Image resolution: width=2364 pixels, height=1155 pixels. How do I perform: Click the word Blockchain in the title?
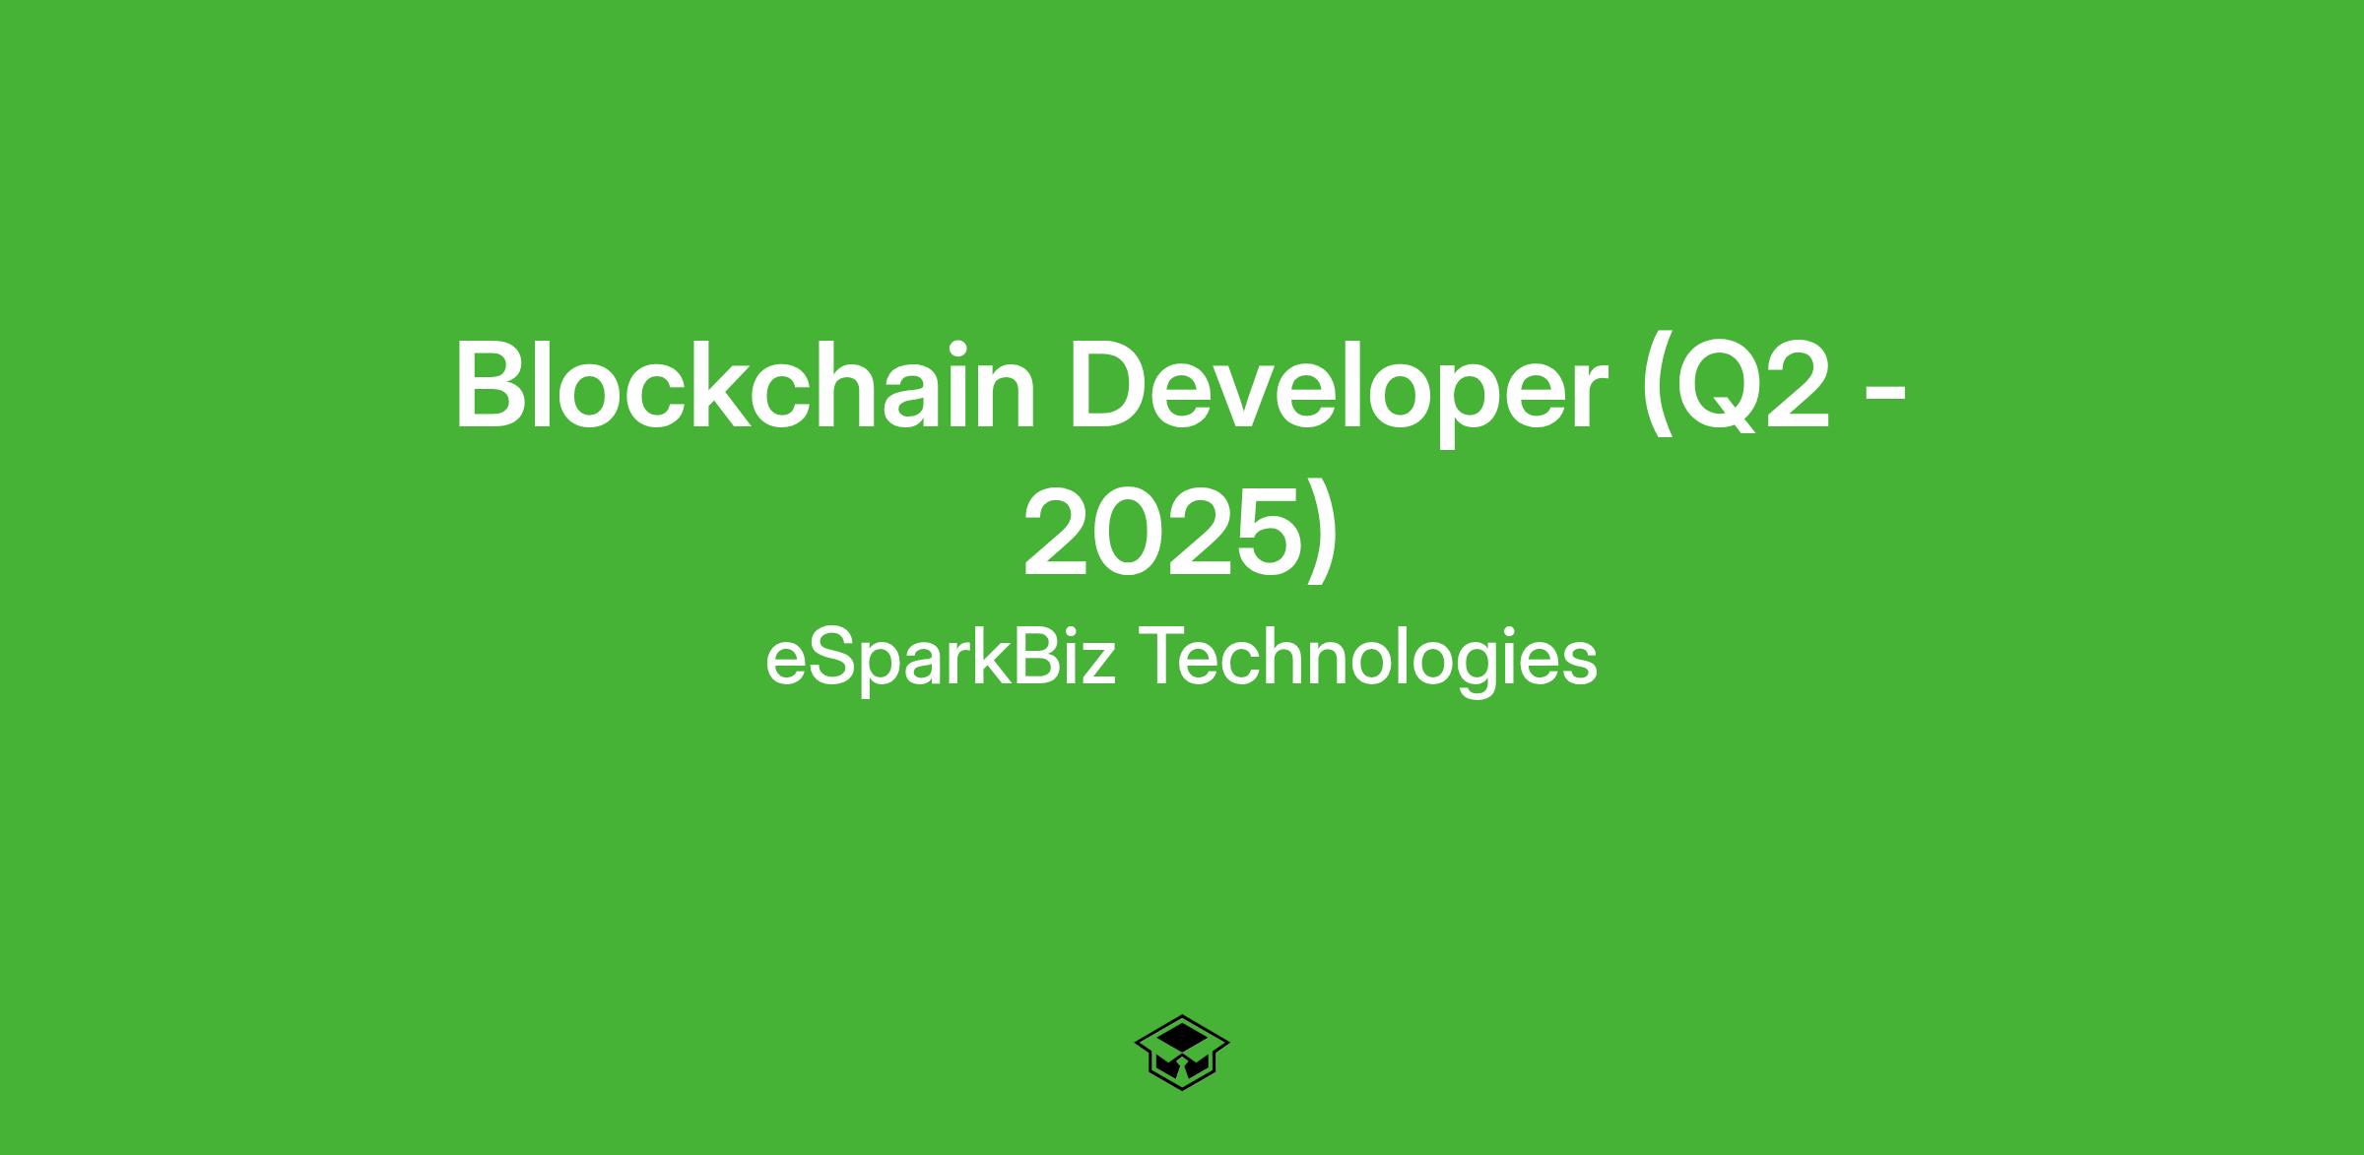point(745,387)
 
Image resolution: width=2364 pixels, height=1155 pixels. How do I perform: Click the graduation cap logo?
point(1182,1053)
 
